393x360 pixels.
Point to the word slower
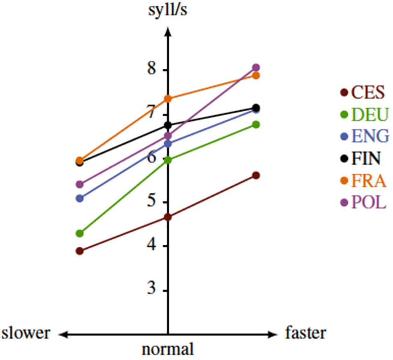point(27,333)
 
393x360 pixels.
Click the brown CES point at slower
point(80,251)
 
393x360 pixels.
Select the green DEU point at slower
point(80,233)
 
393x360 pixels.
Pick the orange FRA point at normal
point(168,98)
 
